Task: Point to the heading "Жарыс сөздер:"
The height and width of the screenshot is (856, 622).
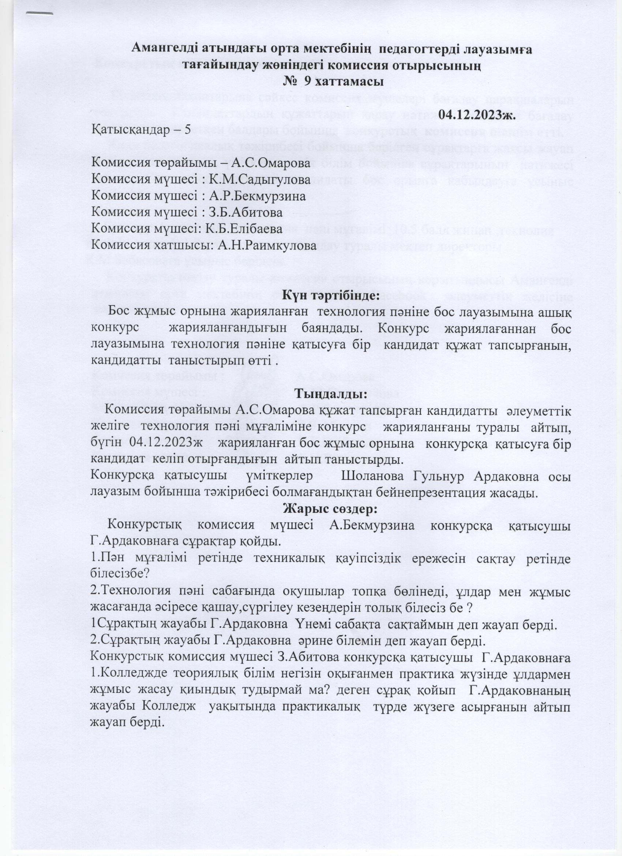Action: point(331,508)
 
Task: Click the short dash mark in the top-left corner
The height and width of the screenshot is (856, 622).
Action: point(39,14)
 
